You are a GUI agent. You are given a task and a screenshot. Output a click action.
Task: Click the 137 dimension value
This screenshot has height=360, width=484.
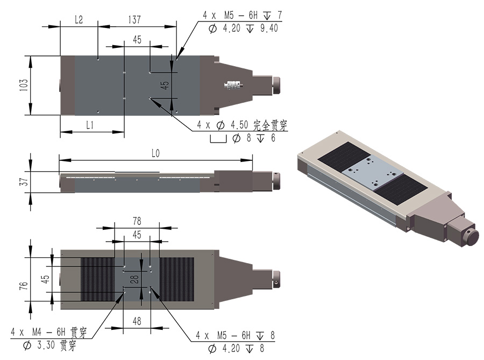134,20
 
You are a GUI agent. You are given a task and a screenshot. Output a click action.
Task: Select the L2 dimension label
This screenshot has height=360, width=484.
79,20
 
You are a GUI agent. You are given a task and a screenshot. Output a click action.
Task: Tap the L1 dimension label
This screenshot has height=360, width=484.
90,125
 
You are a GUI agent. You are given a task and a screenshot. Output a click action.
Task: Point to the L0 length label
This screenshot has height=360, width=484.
155,153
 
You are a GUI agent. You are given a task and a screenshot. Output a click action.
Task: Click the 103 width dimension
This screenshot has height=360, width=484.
24,85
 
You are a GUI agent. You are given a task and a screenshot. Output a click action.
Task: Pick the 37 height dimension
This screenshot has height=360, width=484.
24,181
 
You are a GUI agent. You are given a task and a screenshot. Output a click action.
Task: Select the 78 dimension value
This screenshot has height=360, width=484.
137,221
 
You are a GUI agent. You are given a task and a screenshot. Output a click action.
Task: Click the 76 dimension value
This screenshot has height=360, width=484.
24,286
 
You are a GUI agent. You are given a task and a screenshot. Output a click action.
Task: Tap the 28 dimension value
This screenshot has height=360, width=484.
135,279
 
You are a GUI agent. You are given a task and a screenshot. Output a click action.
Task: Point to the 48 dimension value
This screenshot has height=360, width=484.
137,321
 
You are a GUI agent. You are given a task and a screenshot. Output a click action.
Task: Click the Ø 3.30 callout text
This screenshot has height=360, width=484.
49,345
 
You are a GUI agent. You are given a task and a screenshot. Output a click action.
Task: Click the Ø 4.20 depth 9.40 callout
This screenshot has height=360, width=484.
244,29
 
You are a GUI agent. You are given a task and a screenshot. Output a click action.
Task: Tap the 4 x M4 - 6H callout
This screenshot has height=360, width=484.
49,332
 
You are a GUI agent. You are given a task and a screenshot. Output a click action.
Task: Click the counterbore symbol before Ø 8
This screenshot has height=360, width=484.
218,139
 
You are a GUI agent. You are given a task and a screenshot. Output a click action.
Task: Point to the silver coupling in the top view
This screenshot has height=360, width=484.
233,84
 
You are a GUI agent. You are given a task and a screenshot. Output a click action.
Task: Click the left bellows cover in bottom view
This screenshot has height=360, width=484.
97,279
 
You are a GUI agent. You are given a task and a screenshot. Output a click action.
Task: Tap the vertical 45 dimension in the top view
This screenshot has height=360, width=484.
166,85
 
